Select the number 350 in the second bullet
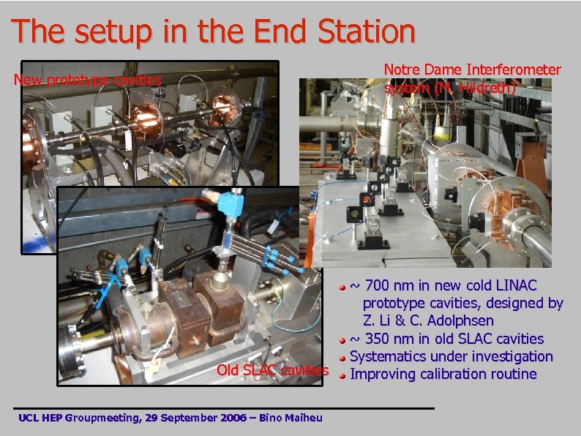tap(380, 339)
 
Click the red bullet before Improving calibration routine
tap(342, 376)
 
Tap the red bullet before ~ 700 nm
tap(342, 286)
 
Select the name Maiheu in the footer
tap(308, 418)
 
